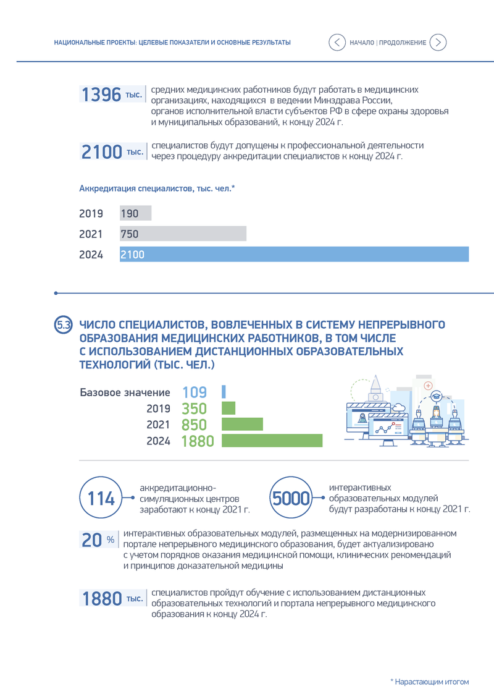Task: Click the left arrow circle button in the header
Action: [337, 43]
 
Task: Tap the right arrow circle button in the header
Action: [438, 43]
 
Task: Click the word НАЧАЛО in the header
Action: [362, 43]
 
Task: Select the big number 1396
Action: [101, 95]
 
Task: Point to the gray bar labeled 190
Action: [135, 213]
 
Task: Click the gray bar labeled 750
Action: [183, 234]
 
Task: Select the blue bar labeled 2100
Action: [294, 254]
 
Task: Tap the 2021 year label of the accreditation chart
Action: [91, 234]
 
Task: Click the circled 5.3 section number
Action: [63, 324]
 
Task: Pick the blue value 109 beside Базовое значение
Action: [195, 392]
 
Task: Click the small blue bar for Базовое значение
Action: [224, 392]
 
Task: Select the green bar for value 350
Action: [228, 409]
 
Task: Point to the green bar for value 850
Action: [242, 425]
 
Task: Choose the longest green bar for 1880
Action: [272, 441]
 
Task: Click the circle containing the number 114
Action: [101, 498]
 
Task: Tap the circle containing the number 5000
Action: [291, 498]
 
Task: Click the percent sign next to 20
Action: [111, 540]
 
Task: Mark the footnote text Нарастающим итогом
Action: [432, 682]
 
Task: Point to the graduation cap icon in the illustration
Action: [436, 396]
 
